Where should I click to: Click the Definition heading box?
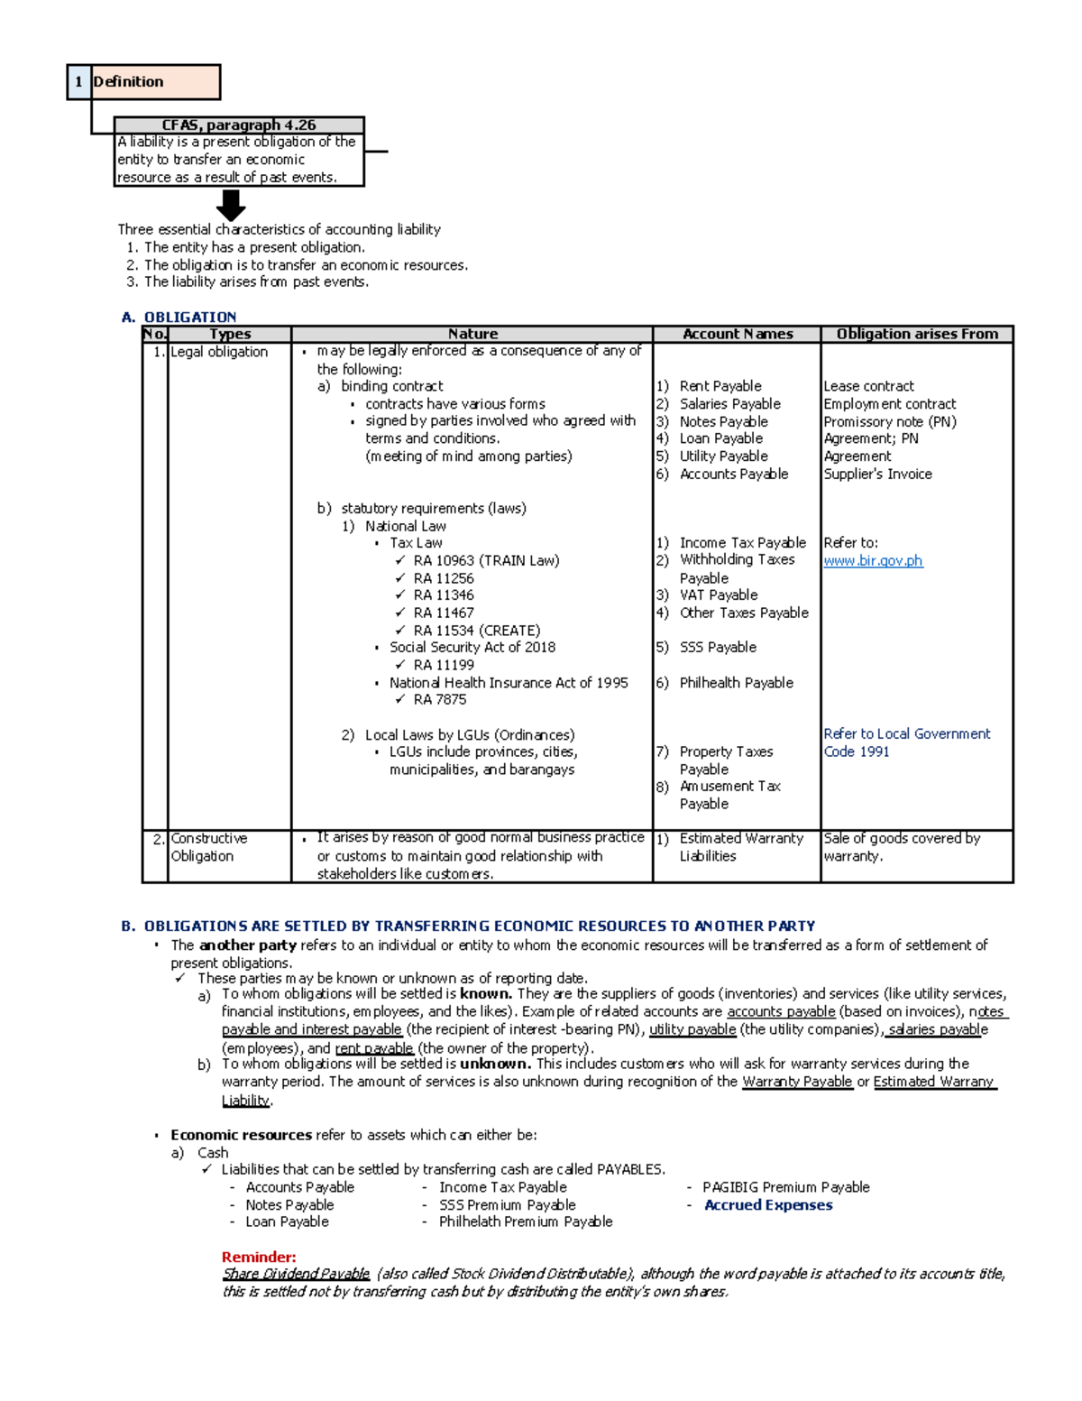[155, 82]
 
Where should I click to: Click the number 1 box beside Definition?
[78, 82]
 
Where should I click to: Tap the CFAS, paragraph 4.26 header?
[239, 125]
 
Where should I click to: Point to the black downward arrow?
[231, 206]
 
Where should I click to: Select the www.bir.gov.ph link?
[873, 561]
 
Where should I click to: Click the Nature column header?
[472, 334]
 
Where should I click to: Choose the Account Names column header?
[738, 334]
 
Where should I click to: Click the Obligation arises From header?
[917, 334]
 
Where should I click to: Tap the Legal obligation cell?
[219, 352]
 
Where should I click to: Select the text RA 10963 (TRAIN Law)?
[486, 561]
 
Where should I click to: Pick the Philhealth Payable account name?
[736, 683]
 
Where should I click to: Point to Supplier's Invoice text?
[877, 475]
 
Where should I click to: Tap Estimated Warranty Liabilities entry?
[740, 847]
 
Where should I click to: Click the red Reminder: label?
[259, 1258]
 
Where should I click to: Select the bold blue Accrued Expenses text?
[768, 1205]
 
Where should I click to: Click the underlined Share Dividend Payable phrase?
[296, 1274]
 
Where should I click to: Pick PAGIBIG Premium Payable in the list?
[785, 1187]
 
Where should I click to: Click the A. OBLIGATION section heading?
[179, 317]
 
